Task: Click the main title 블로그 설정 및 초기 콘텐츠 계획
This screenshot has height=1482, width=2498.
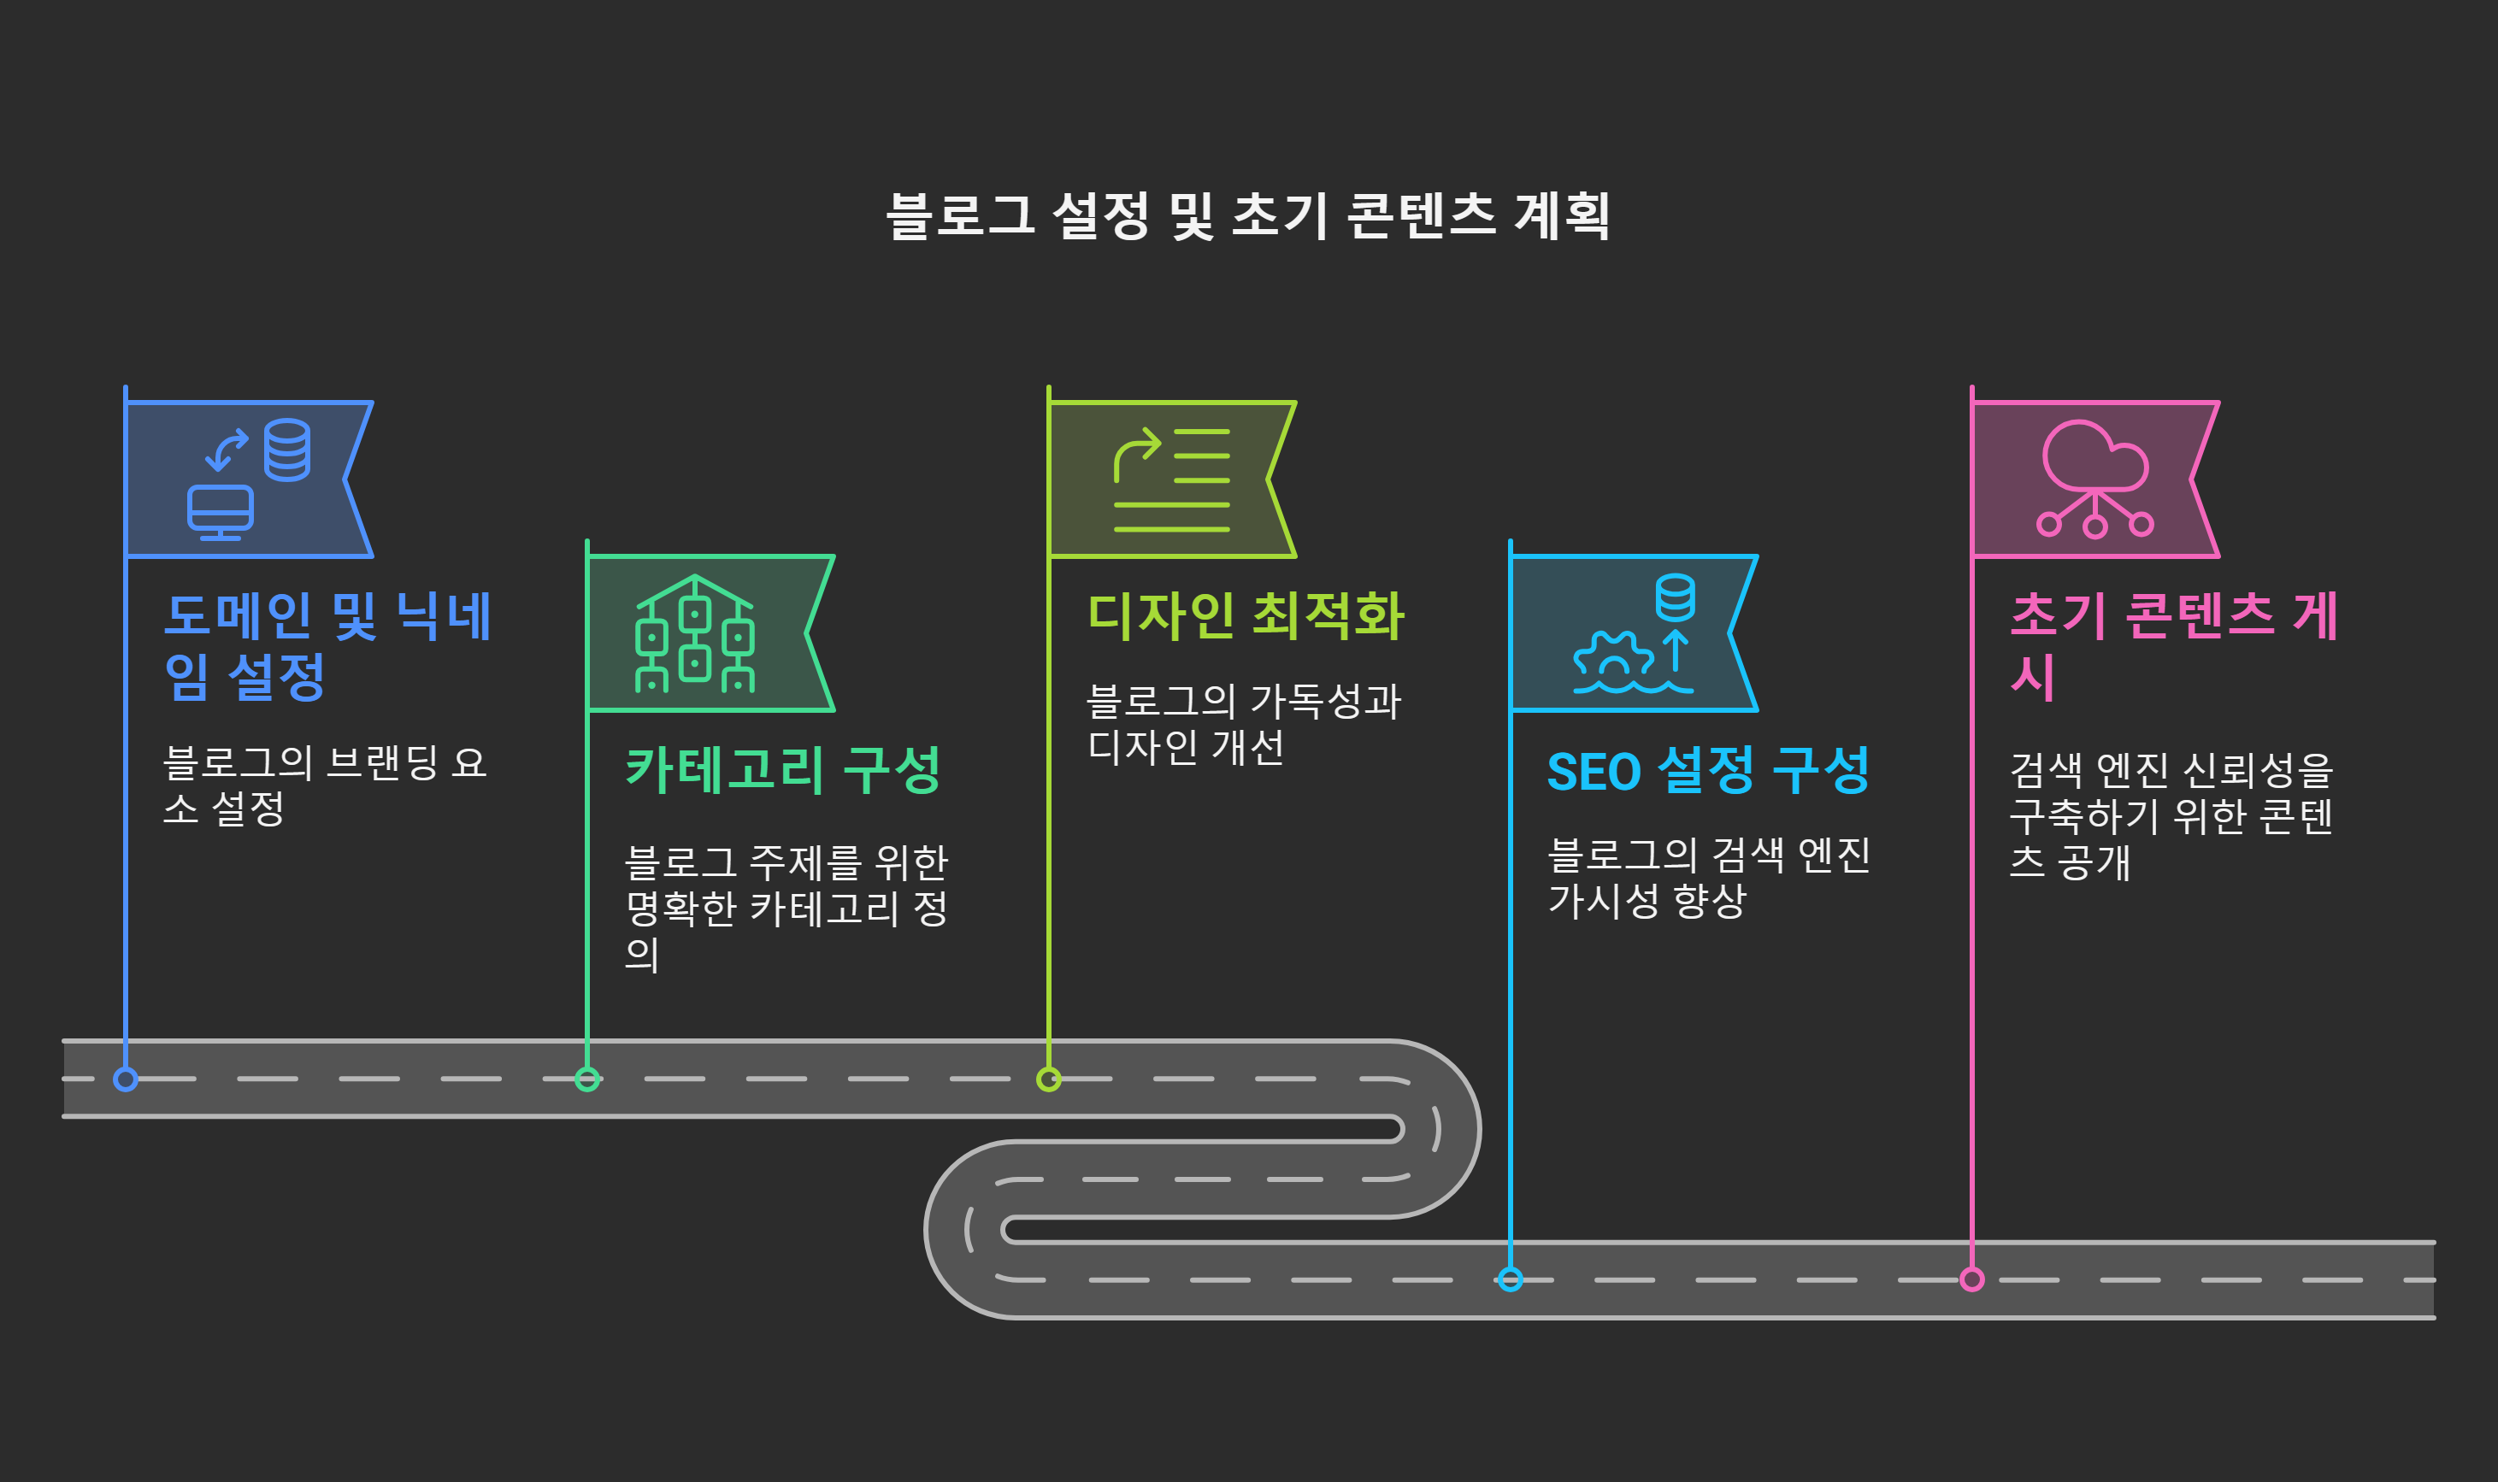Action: click(x=1247, y=215)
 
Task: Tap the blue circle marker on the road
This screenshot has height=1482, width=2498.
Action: click(x=126, y=1079)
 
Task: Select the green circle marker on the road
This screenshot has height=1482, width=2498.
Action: click(x=587, y=1079)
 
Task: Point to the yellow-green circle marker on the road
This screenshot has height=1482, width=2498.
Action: click(x=1049, y=1079)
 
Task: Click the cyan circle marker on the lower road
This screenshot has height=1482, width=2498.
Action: click(x=1511, y=1279)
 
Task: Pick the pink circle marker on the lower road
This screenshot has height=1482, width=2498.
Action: click(x=1971, y=1279)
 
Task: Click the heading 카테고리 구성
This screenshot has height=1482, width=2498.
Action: click(x=783, y=770)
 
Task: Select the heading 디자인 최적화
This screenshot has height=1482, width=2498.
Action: click(x=1246, y=615)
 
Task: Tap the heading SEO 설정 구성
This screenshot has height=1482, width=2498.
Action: click(x=1708, y=770)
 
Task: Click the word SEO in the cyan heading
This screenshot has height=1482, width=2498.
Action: click(x=1593, y=772)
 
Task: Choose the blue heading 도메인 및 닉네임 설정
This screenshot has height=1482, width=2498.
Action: click(x=327, y=645)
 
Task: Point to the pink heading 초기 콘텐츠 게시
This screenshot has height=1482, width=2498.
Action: click(x=2172, y=645)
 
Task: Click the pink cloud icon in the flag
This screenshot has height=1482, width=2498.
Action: click(x=2095, y=457)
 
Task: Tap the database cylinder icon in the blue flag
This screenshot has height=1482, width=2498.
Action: click(x=286, y=450)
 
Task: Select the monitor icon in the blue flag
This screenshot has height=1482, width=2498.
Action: click(x=221, y=511)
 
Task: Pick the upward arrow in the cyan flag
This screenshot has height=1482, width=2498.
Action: click(x=1676, y=650)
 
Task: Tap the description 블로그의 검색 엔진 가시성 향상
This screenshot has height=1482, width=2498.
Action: click(x=1708, y=877)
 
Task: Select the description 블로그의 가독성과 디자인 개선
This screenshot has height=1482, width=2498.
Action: click(x=1244, y=723)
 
